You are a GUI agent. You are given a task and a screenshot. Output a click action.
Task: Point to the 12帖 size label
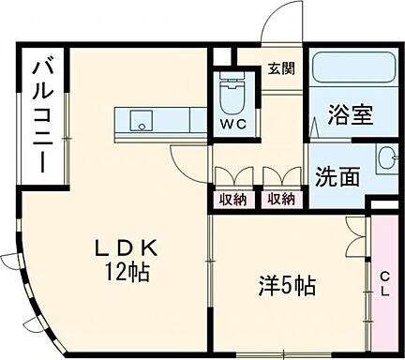click(129, 273)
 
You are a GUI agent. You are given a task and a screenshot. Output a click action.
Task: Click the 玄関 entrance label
click(279, 67)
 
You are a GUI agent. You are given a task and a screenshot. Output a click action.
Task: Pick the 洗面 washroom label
click(337, 176)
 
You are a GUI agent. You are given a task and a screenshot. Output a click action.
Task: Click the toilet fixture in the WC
click(230, 95)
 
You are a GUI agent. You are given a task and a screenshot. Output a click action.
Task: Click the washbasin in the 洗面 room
click(387, 158)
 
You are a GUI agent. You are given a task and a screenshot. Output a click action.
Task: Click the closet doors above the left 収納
click(232, 176)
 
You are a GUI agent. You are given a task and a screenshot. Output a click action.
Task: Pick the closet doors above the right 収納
click(279, 176)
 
